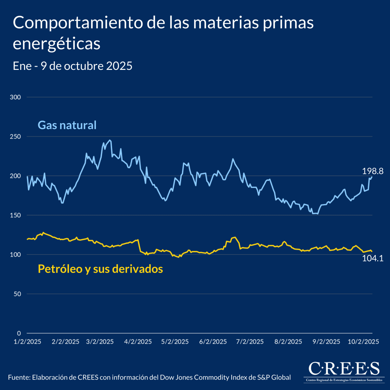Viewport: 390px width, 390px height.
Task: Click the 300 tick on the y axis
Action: [16, 97]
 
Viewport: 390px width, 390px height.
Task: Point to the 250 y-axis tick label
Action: [16, 136]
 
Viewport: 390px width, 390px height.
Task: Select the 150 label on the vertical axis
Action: [16, 215]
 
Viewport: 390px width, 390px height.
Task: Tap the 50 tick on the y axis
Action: [17, 294]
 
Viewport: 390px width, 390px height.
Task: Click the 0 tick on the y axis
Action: [19, 333]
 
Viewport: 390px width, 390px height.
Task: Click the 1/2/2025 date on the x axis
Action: [27, 342]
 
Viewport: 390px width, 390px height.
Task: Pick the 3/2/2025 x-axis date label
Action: [100, 342]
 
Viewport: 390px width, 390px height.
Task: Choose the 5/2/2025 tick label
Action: [175, 342]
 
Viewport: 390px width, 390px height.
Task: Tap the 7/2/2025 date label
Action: [250, 342]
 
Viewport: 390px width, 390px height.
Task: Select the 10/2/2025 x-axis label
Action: [363, 342]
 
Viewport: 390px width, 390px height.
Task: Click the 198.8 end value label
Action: [373, 171]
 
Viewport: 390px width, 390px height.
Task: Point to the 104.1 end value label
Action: [373, 258]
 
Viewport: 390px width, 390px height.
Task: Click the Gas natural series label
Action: [67, 125]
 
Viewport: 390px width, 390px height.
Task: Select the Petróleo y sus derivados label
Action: [100, 269]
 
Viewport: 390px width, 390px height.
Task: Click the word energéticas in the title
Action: [57, 44]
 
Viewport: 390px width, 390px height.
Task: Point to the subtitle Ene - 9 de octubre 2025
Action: [72, 66]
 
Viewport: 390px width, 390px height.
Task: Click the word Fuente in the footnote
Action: [19, 377]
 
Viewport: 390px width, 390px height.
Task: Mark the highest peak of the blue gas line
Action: [110, 140]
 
